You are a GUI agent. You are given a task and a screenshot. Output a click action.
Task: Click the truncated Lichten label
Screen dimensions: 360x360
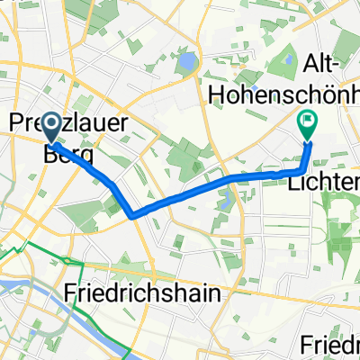pos(322,182)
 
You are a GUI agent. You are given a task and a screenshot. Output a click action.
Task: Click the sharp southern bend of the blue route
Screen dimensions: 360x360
pos(133,216)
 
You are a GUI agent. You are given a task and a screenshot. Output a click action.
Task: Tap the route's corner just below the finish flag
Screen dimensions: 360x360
pos(301,169)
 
